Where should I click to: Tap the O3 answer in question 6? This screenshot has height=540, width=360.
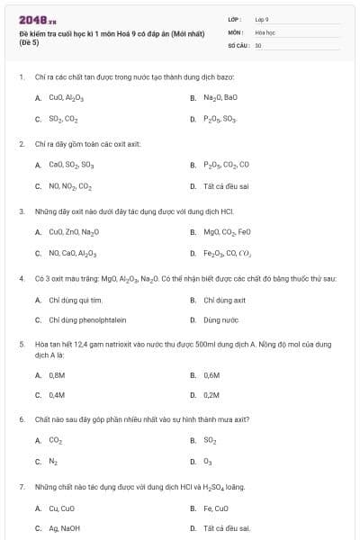tap(208, 462)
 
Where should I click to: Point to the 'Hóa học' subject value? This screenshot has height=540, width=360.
tap(265, 31)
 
